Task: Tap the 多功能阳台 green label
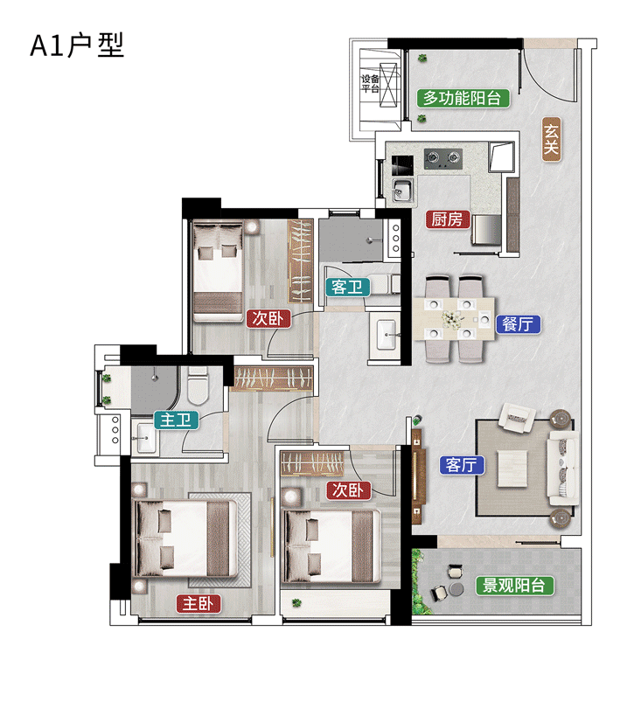463,98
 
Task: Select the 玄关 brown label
550,139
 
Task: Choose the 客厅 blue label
460,465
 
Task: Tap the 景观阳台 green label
515,585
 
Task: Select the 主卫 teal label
176,420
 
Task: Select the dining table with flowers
453,319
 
